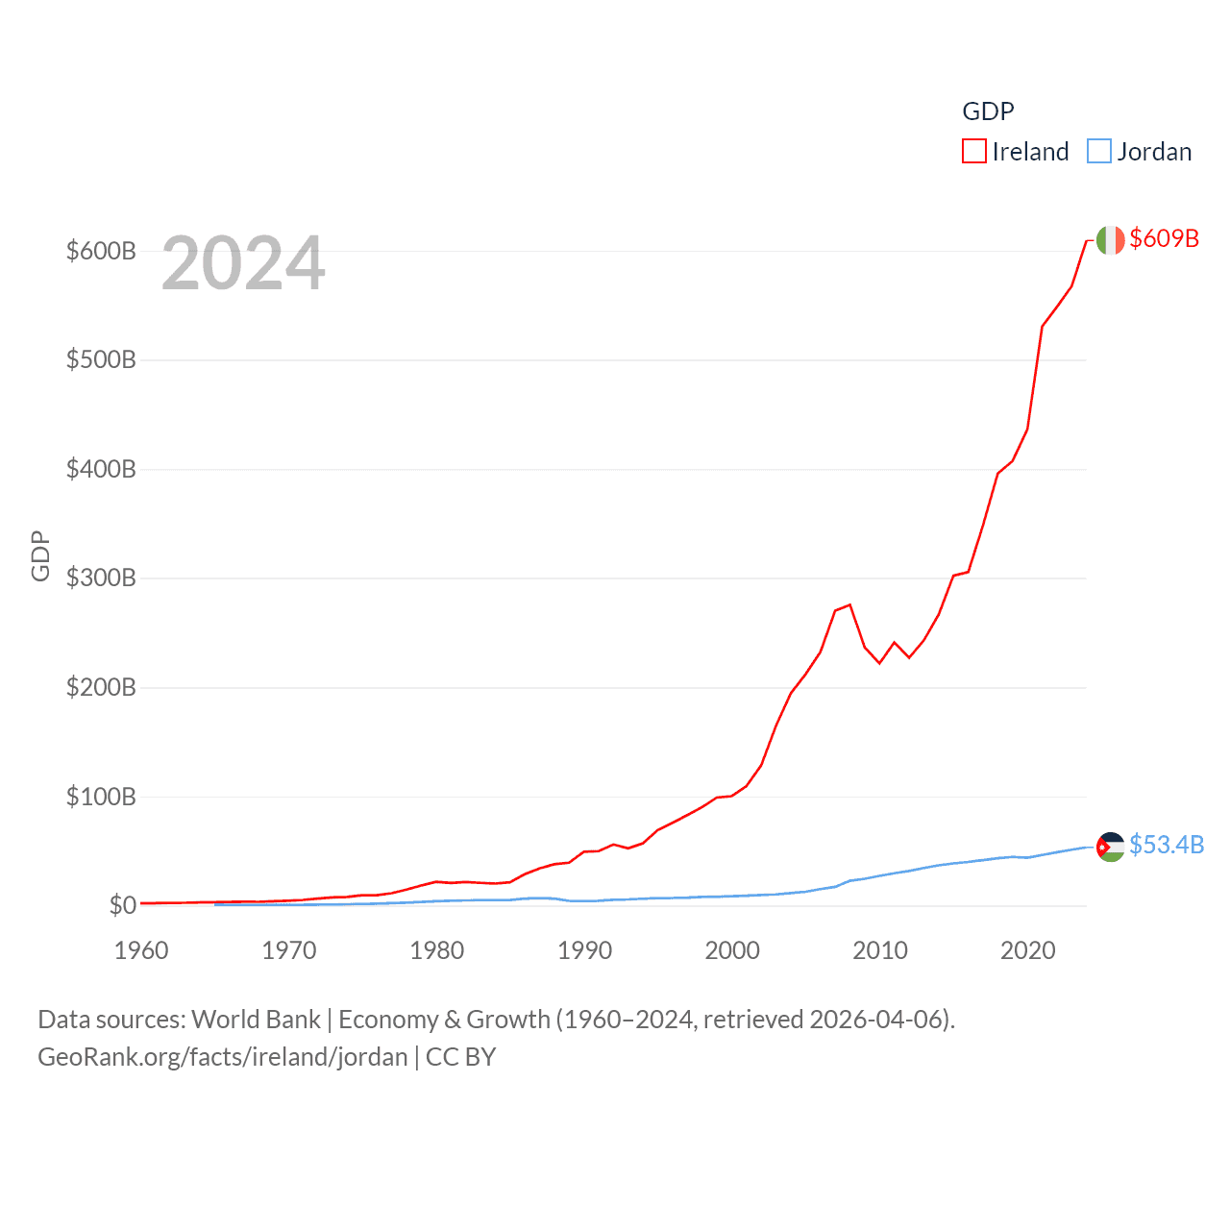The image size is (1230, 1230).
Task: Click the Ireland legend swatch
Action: click(x=974, y=152)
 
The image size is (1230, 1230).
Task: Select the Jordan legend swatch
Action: click(x=1099, y=152)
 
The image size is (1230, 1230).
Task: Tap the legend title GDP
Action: click(x=988, y=111)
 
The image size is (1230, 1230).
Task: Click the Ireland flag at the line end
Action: click(x=1110, y=240)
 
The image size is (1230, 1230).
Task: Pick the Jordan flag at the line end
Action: click(x=1110, y=847)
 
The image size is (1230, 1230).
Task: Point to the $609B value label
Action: click(x=1164, y=238)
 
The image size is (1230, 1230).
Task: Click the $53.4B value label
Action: click(x=1166, y=845)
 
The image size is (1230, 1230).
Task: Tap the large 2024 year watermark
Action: click(x=243, y=263)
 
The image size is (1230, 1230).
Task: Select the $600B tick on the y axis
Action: click(x=101, y=252)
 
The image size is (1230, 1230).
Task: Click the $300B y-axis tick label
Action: click(x=101, y=578)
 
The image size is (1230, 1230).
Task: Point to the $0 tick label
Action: click(x=122, y=905)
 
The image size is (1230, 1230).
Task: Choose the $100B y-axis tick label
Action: click(x=101, y=797)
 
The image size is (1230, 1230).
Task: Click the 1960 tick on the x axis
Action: click(x=141, y=950)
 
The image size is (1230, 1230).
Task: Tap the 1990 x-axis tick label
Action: click(x=584, y=950)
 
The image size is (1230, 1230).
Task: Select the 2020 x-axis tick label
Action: click(x=1027, y=950)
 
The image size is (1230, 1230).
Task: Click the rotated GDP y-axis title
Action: click(x=40, y=555)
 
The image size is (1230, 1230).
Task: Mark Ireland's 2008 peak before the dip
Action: click(x=849, y=605)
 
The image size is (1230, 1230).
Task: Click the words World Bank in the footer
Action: click(x=257, y=1019)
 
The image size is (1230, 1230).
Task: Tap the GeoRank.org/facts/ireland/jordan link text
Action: click(x=223, y=1057)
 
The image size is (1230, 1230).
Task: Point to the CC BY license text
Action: click(x=460, y=1057)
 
